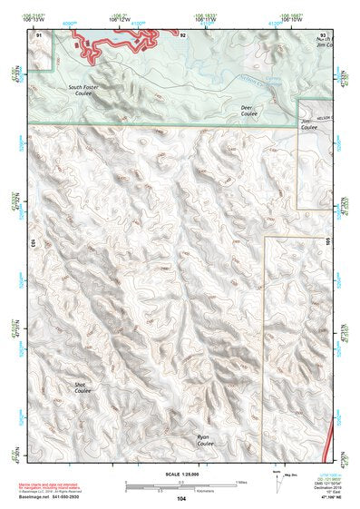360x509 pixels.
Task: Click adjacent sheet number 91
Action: point(38,34)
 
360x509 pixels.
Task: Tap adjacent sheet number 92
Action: point(182,34)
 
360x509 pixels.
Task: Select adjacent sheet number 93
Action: point(322,34)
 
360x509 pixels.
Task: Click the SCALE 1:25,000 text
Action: point(181,474)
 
